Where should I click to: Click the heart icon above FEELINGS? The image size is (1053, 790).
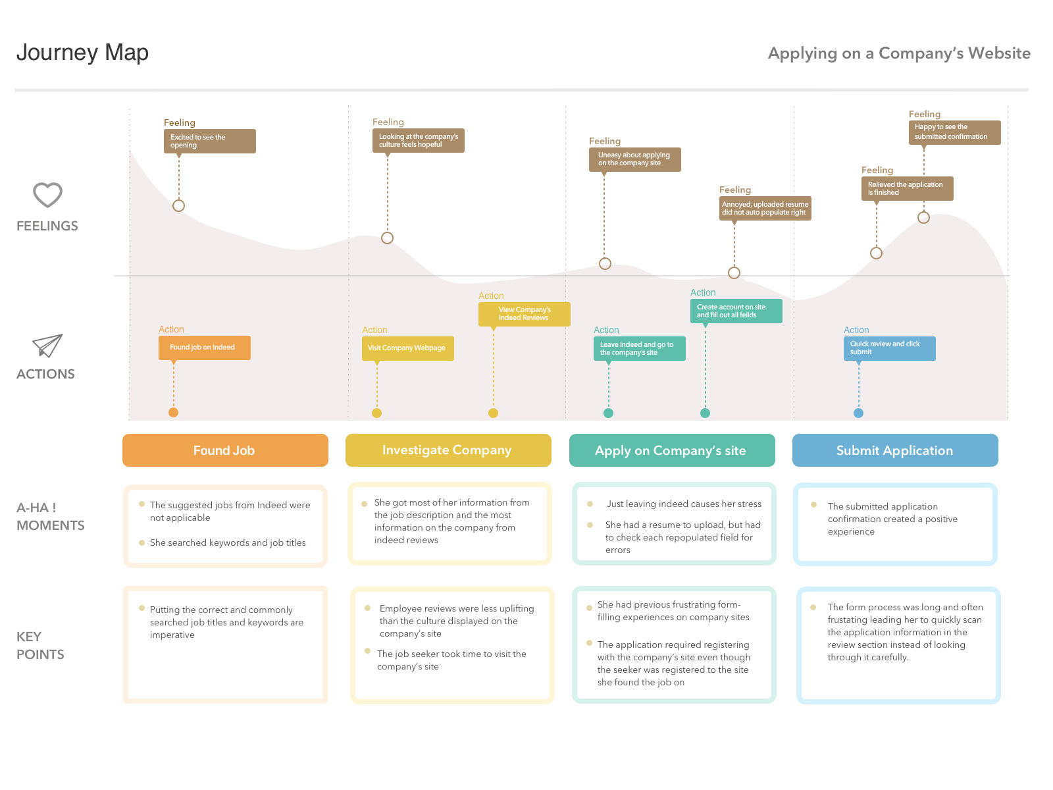tap(47, 195)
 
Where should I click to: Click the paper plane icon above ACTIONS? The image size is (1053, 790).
tap(47, 346)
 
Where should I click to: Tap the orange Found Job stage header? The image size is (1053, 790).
tap(225, 450)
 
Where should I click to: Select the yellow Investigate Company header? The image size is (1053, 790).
tap(448, 450)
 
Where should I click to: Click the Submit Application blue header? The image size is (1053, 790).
tap(895, 450)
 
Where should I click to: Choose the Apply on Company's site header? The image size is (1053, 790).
tap(671, 450)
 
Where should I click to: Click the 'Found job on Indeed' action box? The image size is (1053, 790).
tap(205, 348)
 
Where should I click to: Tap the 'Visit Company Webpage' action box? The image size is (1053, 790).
tap(407, 348)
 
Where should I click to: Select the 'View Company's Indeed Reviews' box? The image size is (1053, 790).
tap(525, 314)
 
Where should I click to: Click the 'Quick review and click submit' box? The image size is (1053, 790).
tap(889, 348)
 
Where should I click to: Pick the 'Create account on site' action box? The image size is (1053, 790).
tap(736, 311)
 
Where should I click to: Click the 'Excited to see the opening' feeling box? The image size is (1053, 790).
tap(209, 141)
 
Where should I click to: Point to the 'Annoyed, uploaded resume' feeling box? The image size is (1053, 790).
tap(765, 208)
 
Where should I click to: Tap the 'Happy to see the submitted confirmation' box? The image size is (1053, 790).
tap(954, 132)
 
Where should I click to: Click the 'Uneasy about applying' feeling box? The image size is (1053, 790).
tap(634, 159)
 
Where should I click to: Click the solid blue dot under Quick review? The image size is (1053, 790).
tap(858, 413)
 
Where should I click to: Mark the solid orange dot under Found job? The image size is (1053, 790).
tap(173, 413)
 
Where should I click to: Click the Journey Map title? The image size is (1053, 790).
tap(82, 53)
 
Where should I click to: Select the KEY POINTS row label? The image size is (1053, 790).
tap(40, 645)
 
